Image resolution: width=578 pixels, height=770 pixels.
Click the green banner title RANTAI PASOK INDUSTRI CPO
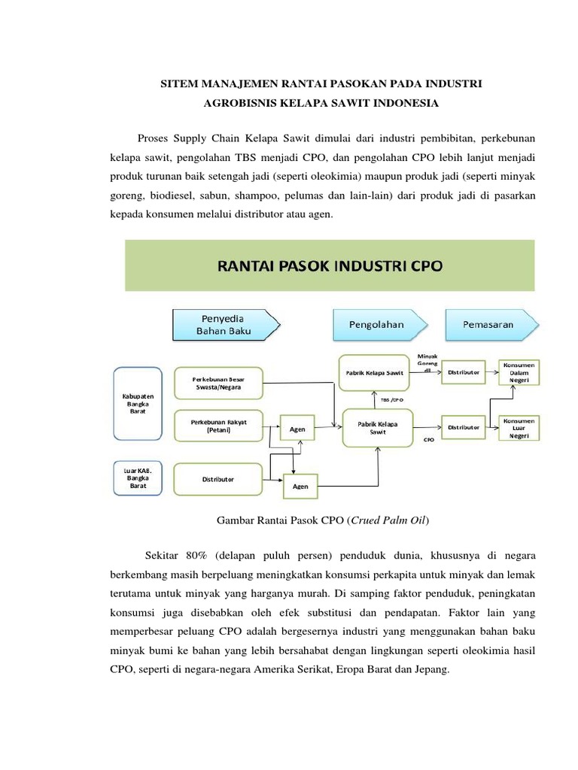[330, 265]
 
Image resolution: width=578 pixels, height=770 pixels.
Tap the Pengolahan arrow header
[376, 324]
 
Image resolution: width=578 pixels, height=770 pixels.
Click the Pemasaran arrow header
[488, 324]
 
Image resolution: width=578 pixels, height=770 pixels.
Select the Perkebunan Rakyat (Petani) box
[220, 426]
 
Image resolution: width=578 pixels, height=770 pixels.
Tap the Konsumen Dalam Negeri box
[519, 371]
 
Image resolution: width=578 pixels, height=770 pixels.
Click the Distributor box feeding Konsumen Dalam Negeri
[464, 371]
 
